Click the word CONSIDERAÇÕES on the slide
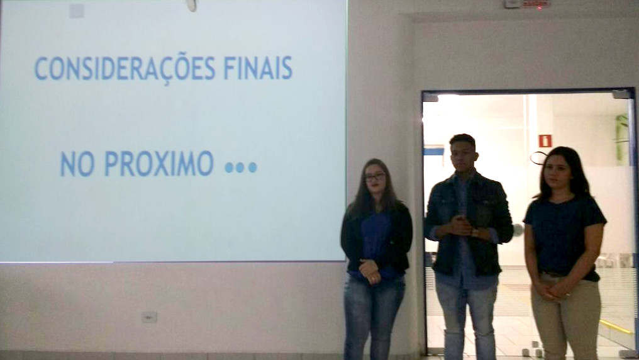[x=125, y=68]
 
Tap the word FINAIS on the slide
[x=258, y=68]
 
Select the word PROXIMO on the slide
[x=159, y=164]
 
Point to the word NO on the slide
[x=77, y=164]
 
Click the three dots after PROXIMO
[x=241, y=167]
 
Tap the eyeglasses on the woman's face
[x=374, y=176]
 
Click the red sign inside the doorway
[x=545, y=140]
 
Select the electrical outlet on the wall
[x=149, y=317]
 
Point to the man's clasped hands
[x=461, y=226]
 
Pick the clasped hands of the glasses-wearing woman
[x=370, y=271]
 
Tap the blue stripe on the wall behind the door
[x=433, y=151]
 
